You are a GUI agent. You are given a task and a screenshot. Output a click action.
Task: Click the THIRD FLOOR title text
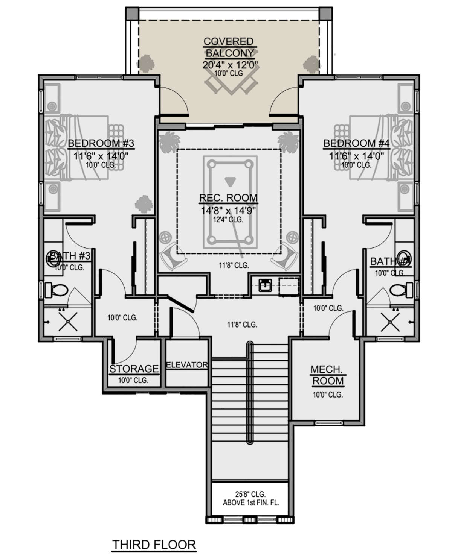(154, 545)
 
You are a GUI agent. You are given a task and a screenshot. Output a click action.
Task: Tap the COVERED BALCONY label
(229, 47)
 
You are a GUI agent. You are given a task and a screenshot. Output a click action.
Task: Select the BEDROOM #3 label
(101, 143)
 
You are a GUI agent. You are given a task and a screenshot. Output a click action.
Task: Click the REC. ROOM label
(229, 198)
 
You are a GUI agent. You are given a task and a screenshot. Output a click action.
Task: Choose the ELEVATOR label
(187, 365)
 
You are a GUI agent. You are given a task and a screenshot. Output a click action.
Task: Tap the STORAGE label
(134, 369)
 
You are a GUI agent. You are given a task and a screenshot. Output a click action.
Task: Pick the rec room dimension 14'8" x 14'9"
(229, 210)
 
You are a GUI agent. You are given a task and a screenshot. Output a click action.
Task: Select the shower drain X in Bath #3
(67, 322)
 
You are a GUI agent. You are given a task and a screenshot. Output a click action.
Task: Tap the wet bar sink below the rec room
(266, 285)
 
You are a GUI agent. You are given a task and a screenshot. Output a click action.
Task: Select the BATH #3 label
(70, 256)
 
